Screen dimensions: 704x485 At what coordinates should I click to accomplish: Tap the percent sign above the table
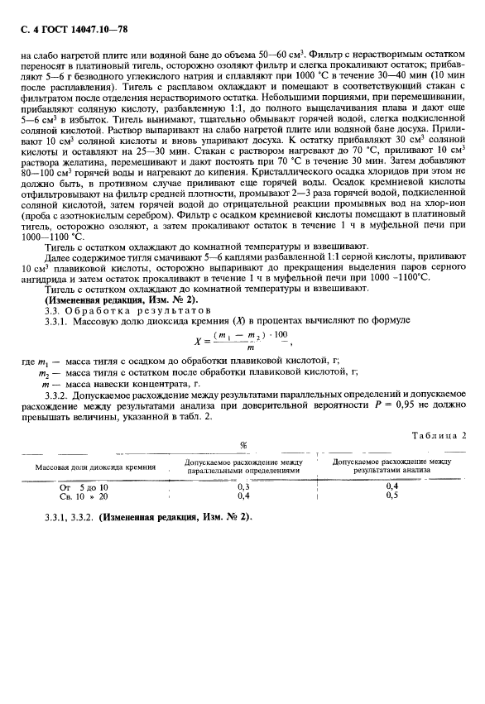click(x=243, y=446)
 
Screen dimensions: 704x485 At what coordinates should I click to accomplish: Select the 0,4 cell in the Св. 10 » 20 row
click(x=243, y=496)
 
